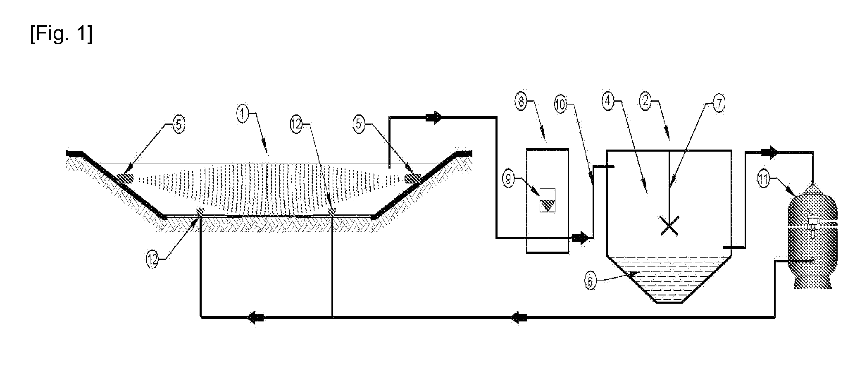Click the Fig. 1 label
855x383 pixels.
point(61,35)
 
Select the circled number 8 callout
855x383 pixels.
point(522,101)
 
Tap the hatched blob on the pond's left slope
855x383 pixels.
point(124,179)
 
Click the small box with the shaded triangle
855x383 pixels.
point(548,201)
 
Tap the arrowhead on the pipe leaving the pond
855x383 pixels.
point(434,118)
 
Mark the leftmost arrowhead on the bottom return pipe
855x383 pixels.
point(255,317)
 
